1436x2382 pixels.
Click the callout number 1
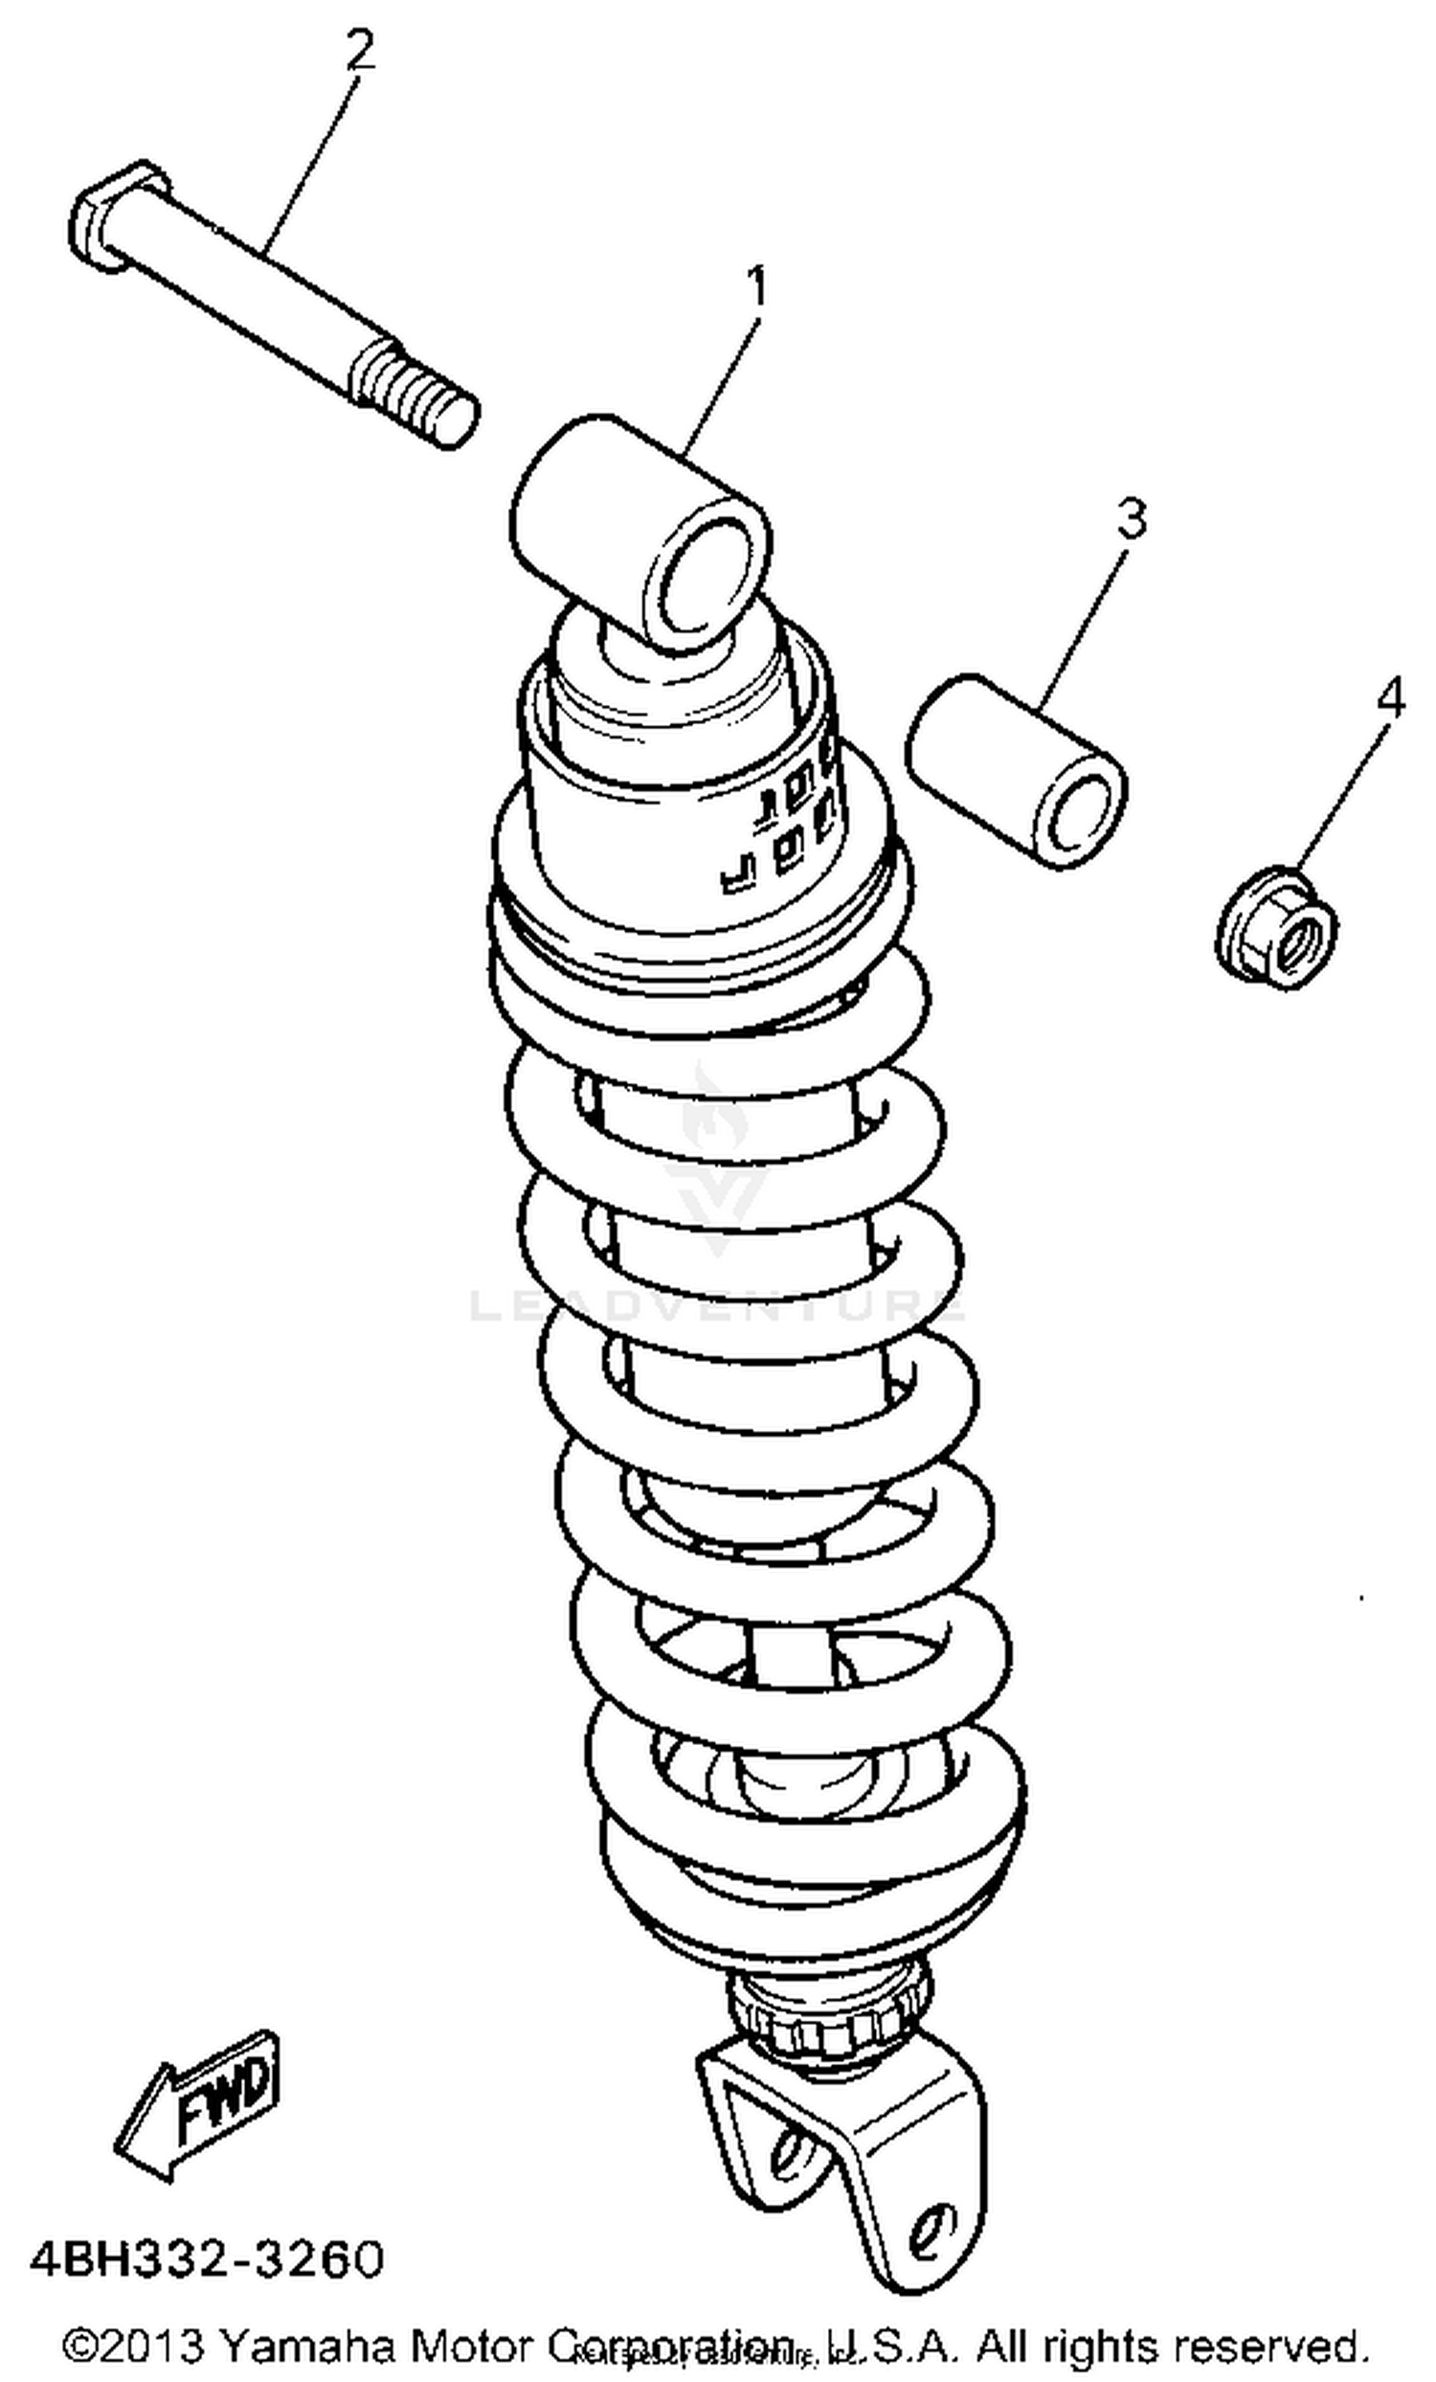[x=759, y=286]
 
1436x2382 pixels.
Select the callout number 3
[x=1131, y=518]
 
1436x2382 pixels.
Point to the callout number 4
[x=1390, y=696]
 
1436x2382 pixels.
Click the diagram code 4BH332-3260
[x=207, y=2260]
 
